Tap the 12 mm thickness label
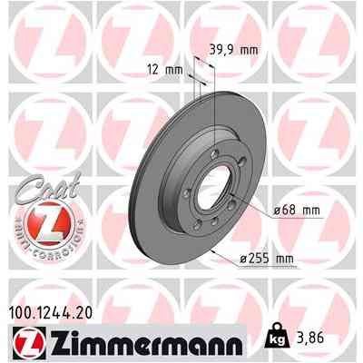pyautogui.click(x=165, y=69)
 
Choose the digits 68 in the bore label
pyautogui.click(x=294, y=211)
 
